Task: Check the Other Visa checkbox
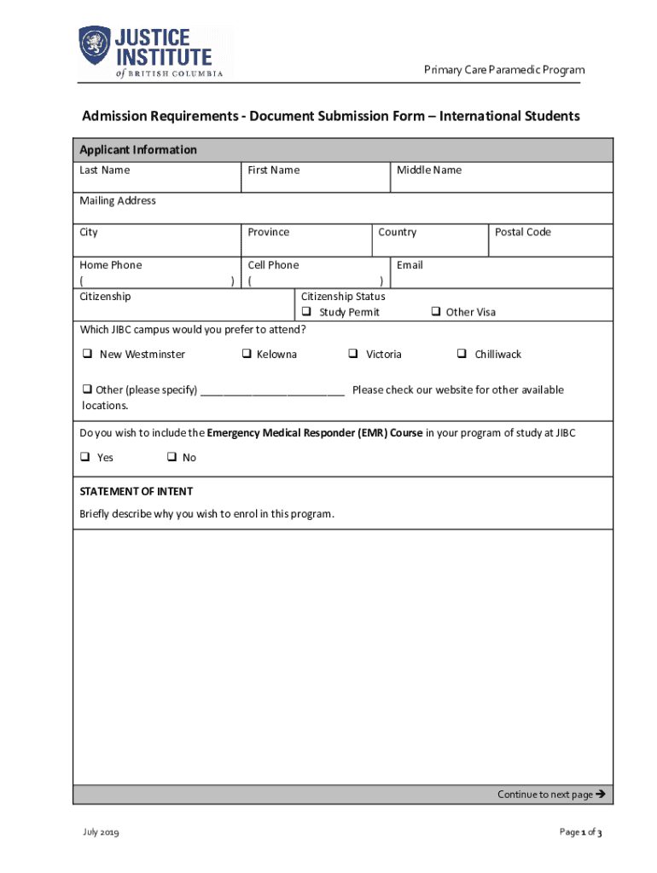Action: (x=435, y=312)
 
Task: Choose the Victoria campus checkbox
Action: (x=352, y=354)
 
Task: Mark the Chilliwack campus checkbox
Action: (x=461, y=354)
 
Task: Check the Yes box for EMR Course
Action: (x=85, y=457)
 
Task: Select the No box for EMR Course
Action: (x=171, y=457)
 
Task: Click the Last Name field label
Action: (x=105, y=171)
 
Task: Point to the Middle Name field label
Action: (x=428, y=171)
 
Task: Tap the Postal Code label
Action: (x=523, y=232)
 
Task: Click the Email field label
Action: (x=410, y=265)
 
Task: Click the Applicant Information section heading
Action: (x=138, y=150)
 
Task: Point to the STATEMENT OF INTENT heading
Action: (x=137, y=492)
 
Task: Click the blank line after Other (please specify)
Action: (x=273, y=391)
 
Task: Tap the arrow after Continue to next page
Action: (x=600, y=794)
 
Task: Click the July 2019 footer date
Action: (x=100, y=832)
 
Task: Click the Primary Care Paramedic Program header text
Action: (x=504, y=70)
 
